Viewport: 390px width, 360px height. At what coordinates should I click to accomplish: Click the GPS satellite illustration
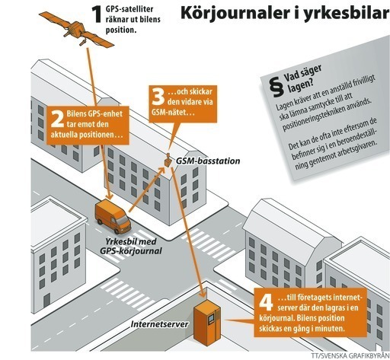76,30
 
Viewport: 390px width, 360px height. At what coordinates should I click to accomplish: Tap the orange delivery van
113,216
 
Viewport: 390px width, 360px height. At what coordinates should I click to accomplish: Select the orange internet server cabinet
207,322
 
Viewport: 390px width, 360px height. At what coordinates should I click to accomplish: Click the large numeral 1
97,14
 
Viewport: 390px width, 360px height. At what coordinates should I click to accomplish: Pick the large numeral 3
158,97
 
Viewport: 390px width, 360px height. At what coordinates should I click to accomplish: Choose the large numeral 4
266,302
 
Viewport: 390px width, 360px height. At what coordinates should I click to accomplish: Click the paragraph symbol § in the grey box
276,87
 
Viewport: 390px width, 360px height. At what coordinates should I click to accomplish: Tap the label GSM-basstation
208,161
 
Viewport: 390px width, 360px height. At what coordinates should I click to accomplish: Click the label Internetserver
159,324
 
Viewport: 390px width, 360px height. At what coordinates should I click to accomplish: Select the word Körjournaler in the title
232,13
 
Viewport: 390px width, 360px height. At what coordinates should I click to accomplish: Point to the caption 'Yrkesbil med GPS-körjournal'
131,246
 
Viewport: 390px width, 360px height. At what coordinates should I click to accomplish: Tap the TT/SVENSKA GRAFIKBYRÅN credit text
350,356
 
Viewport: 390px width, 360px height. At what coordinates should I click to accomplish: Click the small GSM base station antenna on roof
168,160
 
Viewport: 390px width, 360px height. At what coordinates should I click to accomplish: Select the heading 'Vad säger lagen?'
302,79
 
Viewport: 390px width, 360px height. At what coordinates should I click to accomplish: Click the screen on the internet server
211,320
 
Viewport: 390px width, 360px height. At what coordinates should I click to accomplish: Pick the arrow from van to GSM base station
147,190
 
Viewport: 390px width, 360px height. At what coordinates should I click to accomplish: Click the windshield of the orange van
123,220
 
